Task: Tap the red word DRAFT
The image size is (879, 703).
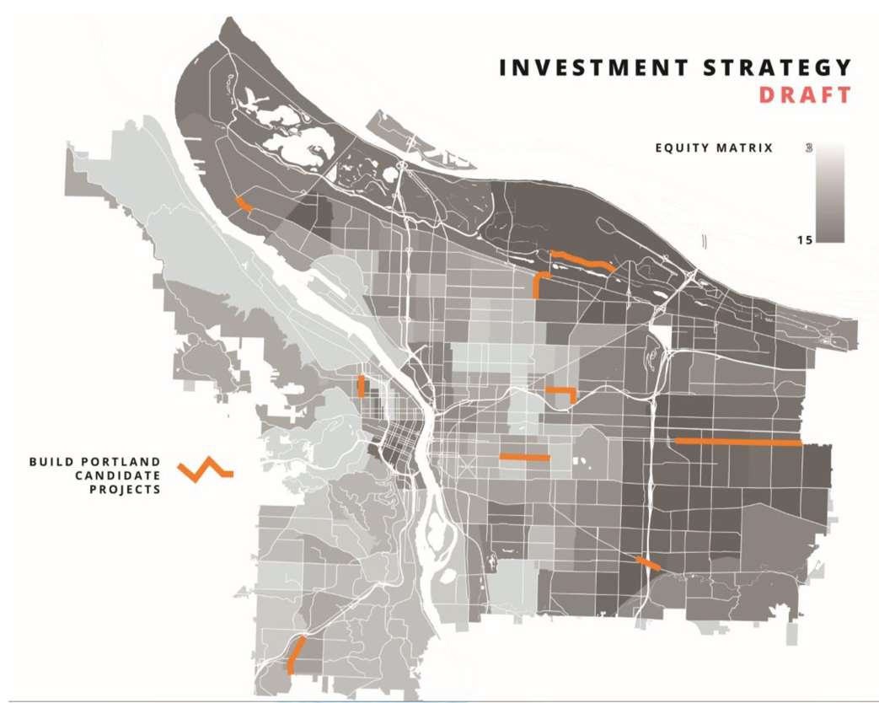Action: tap(804, 95)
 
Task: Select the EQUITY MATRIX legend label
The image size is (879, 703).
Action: tap(713, 149)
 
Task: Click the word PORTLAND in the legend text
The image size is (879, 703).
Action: tap(126, 463)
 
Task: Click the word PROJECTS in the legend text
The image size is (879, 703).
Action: tap(126, 490)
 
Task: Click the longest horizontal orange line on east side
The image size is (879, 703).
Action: tap(738, 441)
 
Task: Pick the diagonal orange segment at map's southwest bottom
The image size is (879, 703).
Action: tap(296, 652)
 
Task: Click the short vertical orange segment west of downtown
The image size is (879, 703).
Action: tap(361, 386)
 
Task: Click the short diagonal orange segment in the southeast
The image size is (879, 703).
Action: tap(647, 563)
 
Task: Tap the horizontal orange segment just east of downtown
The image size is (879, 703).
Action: tap(524, 457)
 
